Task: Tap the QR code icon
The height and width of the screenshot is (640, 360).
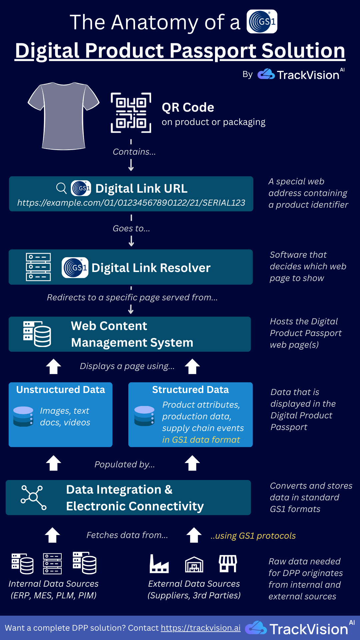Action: pyautogui.click(x=131, y=113)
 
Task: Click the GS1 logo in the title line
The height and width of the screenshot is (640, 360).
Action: pyautogui.click(x=262, y=22)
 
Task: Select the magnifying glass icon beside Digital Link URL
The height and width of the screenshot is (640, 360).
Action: pyautogui.click(x=61, y=188)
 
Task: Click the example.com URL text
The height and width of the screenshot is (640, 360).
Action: pyautogui.click(x=131, y=203)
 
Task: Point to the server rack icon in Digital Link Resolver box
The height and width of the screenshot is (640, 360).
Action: pyautogui.click(x=38, y=267)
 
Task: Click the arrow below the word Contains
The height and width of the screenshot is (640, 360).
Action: pyautogui.click(x=131, y=165)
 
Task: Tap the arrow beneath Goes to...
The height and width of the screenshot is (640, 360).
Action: pyautogui.click(x=131, y=241)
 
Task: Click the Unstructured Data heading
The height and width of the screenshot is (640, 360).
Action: pyautogui.click(x=61, y=390)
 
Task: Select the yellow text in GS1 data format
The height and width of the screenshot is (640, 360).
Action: pyautogui.click(x=201, y=440)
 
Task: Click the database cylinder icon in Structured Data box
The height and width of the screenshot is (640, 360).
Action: pyautogui.click(x=144, y=416)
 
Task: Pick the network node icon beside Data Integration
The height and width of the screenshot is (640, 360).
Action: pyautogui.click(x=33, y=497)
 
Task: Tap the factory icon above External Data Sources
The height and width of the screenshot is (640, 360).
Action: pyautogui.click(x=159, y=564)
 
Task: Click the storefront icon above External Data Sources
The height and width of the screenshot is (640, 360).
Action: pyautogui.click(x=228, y=563)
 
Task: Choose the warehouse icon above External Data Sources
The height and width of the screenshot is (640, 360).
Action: pyautogui.click(x=194, y=564)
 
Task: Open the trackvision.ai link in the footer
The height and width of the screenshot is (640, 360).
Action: pyautogui.click(x=201, y=628)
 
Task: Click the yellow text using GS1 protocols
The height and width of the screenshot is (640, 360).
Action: pyautogui.click(x=253, y=536)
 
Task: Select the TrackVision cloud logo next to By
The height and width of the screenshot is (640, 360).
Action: pyautogui.click(x=266, y=74)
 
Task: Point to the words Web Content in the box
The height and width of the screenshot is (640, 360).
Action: pyautogui.click(x=109, y=326)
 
